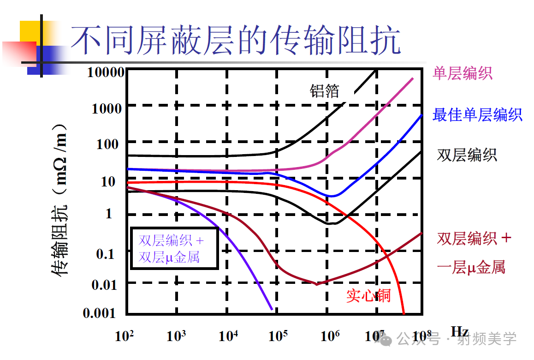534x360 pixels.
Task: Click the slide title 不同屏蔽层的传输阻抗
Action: tap(235, 41)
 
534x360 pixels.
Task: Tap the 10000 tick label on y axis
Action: tap(106, 72)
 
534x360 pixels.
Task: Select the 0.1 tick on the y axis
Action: tap(105, 253)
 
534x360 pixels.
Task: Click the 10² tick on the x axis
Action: tap(124, 336)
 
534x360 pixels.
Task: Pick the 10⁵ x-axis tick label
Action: tap(278, 336)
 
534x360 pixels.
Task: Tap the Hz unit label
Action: tap(459, 331)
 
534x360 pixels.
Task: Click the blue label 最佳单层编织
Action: tap(477, 114)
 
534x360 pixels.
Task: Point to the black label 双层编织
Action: tap(467, 155)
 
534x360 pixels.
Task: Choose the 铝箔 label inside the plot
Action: tap(324, 91)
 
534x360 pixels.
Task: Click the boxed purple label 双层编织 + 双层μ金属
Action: tap(174, 248)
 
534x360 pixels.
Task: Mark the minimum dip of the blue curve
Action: tap(331, 196)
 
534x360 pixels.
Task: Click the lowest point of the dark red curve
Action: tap(316, 284)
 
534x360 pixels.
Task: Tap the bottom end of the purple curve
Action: tap(271, 309)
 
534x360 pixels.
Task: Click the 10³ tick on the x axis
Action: tap(176, 336)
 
